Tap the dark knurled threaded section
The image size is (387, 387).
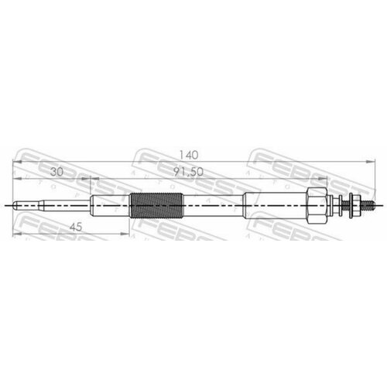click(x=156, y=206)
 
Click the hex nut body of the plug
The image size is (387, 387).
click(x=317, y=206)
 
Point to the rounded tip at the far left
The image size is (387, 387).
click(x=16, y=206)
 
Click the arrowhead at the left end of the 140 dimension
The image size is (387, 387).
click(x=18, y=163)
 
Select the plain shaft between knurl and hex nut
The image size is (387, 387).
click(x=213, y=206)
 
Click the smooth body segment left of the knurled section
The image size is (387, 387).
click(x=110, y=206)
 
